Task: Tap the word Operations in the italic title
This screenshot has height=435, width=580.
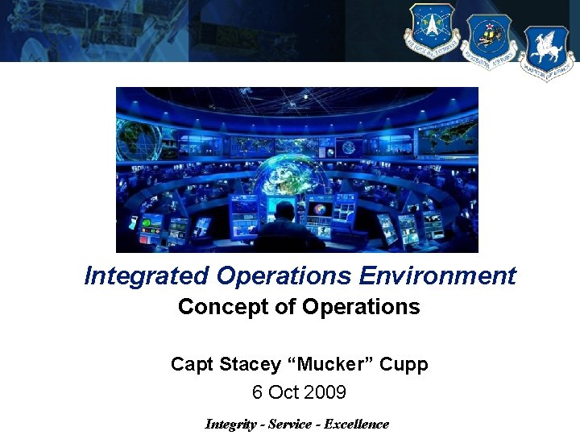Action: [285, 276]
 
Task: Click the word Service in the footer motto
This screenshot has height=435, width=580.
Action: [296, 424]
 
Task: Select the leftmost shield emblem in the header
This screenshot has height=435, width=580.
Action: [433, 31]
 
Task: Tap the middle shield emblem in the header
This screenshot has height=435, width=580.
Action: [488, 43]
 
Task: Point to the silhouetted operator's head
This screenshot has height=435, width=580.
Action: [284, 211]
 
